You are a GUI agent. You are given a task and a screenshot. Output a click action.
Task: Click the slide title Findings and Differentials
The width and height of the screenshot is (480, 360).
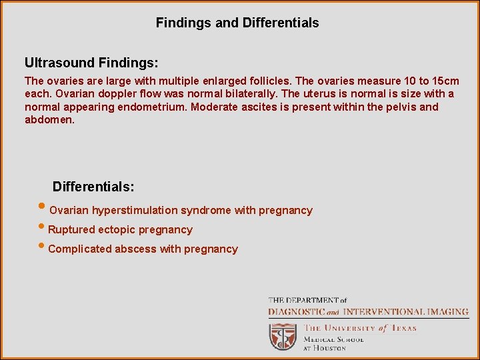(x=237, y=23)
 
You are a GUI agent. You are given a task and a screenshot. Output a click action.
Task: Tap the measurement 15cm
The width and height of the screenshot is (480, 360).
(x=443, y=81)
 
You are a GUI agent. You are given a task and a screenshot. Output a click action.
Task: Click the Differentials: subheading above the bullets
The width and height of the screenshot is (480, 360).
(x=93, y=186)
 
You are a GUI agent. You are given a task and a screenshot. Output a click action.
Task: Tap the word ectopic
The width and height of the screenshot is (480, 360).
(x=117, y=230)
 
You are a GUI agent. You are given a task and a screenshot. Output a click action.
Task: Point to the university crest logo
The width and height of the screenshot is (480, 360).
(x=283, y=336)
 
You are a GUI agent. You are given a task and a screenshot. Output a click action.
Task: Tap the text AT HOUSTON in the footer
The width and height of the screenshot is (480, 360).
(x=325, y=348)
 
